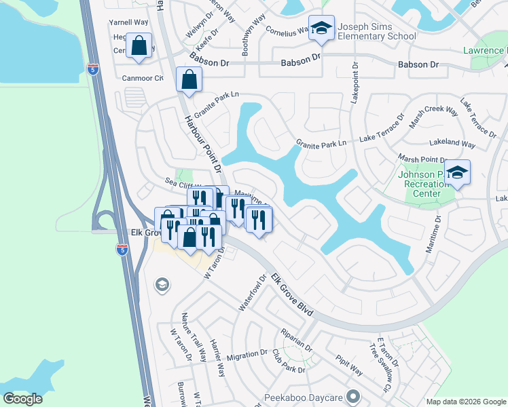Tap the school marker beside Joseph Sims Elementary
pos(321,27)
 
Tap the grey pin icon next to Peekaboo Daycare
pos(352,395)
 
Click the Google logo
pos(23,398)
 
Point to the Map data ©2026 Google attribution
pos(465,402)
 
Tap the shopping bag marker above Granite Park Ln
pos(188,79)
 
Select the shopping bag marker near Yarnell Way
pos(139,47)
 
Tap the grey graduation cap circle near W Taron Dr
pos(162,284)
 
